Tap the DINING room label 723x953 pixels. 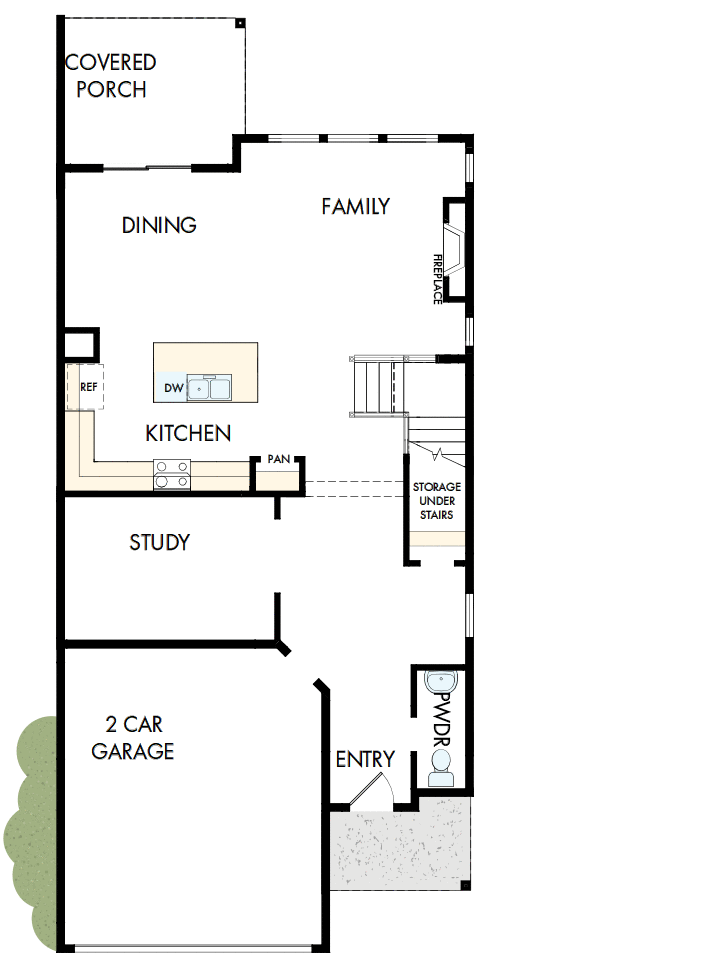pos(159,226)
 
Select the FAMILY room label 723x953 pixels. pos(355,207)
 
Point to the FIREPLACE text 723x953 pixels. pos(437,279)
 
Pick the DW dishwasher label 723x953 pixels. pos(171,387)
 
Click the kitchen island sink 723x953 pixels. pos(209,388)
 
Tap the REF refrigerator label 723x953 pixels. pos(87,388)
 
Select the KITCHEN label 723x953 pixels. pos(188,434)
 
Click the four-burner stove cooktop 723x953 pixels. pos(172,474)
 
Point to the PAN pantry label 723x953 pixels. pos(278,459)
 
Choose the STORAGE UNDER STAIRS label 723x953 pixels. pos(436,501)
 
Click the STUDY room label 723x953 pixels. pos(159,543)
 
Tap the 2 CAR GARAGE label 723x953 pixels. pos(133,737)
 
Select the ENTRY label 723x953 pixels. pos(364,760)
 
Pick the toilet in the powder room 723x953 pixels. pos(440,771)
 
